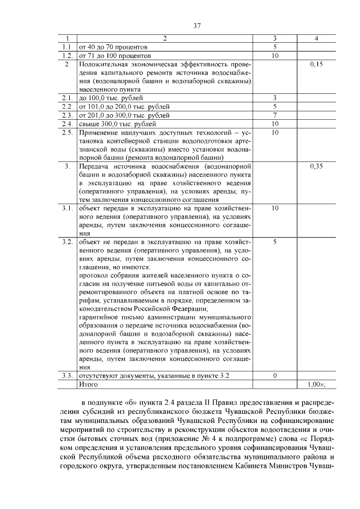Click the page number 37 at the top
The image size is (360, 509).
tap(181, 26)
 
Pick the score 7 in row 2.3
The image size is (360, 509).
tap(274, 115)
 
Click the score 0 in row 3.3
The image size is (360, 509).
tap(274, 375)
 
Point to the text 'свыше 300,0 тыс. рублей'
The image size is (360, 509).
tap(118, 124)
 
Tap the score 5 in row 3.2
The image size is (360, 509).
tap(274, 241)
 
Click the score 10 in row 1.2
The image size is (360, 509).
tap(274, 56)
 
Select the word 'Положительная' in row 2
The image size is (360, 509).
tap(103, 65)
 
